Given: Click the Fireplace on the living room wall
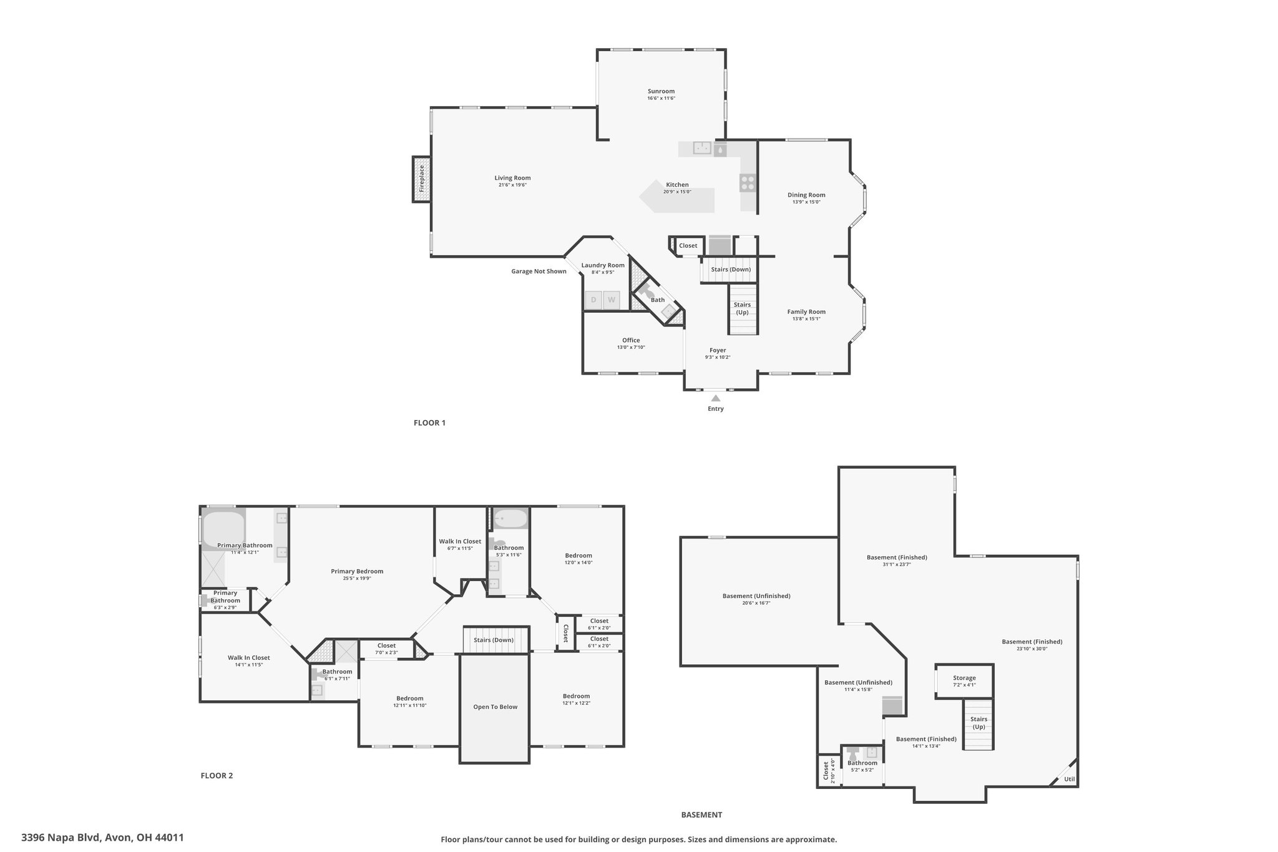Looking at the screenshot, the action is pyautogui.click(x=421, y=179).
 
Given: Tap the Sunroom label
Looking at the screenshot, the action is pyautogui.click(x=661, y=91).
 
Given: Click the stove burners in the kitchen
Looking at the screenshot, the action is pyautogui.click(x=748, y=183).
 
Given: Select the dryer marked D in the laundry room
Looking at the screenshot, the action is pyautogui.click(x=593, y=300).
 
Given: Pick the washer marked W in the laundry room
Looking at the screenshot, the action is pyautogui.click(x=612, y=300).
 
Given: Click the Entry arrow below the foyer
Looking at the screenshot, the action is pyautogui.click(x=716, y=398).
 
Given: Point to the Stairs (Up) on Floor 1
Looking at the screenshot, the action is pyautogui.click(x=743, y=309).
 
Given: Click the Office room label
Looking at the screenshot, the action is pyautogui.click(x=631, y=340).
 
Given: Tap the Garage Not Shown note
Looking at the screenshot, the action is pyautogui.click(x=539, y=272).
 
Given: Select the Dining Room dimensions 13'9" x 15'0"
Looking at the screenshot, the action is pyautogui.click(x=806, y=202).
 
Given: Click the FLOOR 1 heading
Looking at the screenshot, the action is pyautogui.click(x=429, y=423).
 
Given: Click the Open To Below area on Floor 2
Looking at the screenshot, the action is pyautogui.click(x=495, y=708).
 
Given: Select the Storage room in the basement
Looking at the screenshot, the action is pyautogui.click(x=964, y=681).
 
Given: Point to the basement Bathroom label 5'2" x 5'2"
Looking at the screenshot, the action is pyautogui.click(x=862, y=766).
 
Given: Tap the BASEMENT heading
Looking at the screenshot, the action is pyautogui.click(x=701, y=815).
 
